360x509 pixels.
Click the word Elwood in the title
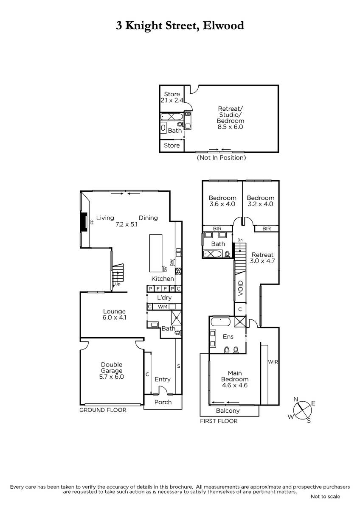pyautogui.click(x=223, y=25)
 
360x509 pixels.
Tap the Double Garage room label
pyautogui.click(x=112, y=367)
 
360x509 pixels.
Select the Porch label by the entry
pyautogui.click(x=163, y=402)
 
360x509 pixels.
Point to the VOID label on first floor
pyautogui.click(x=240, y=288)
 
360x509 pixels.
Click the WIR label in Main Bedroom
pyautogui.click(x=273, y=362)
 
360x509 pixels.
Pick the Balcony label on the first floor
pyautogui.click(x=228, y=411)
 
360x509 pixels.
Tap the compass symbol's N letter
pyautogui.click(x=295, y=399)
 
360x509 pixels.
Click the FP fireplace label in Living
pyautogui.click(x=92, y=221)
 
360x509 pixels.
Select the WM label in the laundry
pyautogui.click(x=163, y=307)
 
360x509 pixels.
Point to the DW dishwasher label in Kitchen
pyautogui.click(x=172, y=263)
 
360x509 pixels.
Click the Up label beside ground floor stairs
pyautogui.click(x=117, y=284)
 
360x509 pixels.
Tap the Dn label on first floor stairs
pyautogui.click(x=240, y=240)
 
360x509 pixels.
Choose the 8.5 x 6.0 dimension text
pyautogui.click(x=230, y=127)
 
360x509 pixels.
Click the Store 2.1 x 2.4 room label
pyautogui.click(x=172, y=97)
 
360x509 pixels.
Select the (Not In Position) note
pyautogui.click(x=221, y=157)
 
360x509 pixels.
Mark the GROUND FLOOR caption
pyautogui.click(x=103, y=410)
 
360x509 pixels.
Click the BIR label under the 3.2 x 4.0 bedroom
pyautogui.click(x=267, y=228)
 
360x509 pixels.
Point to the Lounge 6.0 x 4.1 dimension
pyautogui.click(x=114, y=317)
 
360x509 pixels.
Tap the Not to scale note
pyautogui.click(x=325, y=497)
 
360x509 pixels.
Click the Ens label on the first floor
pyautogui.click(x=228, y=336)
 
